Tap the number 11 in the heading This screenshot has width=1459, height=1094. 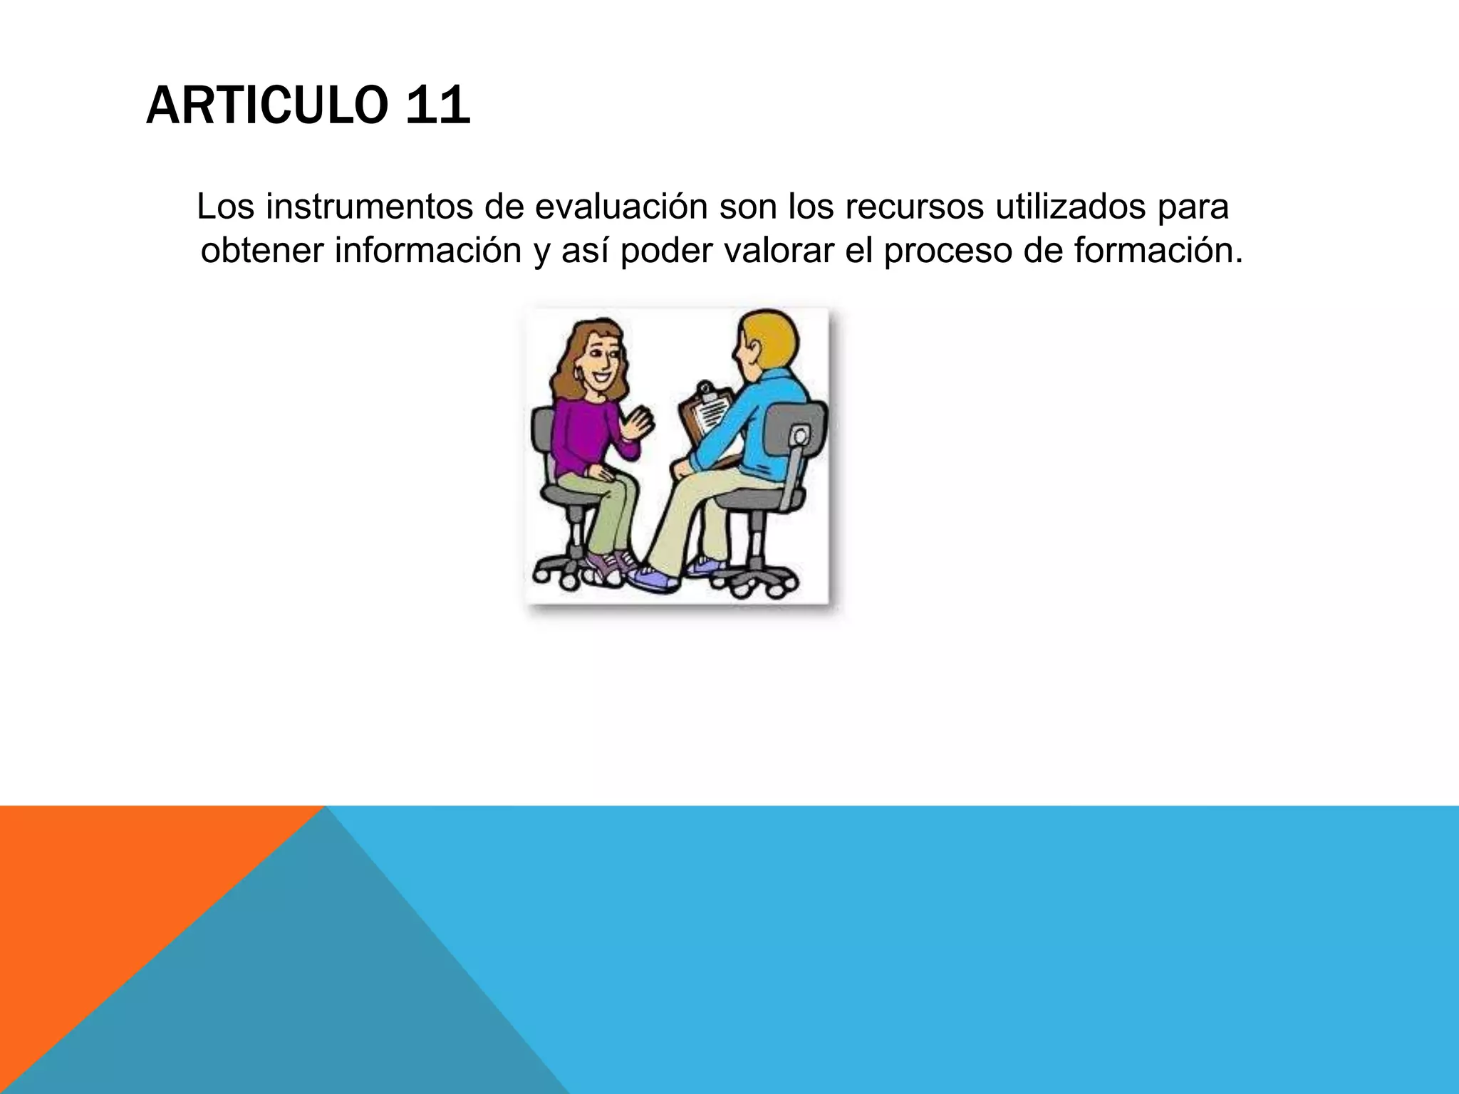437,106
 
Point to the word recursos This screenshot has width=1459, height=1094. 915,207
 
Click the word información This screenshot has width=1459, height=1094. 428,251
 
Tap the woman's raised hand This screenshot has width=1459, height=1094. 638,424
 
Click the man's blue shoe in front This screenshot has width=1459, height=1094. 652,578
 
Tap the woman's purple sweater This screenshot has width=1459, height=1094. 581,434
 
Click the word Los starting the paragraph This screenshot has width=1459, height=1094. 225,207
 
